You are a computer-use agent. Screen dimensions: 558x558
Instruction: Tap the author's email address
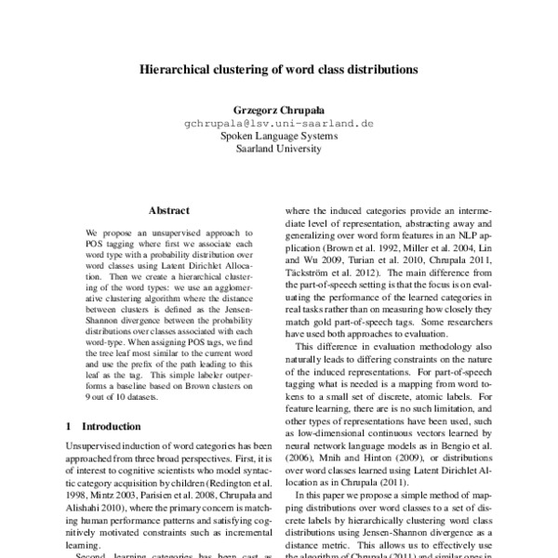pyautogui.click(x=278, y=122)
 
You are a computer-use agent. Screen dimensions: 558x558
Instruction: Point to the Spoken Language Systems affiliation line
pyautogui.click(x=278, y=135)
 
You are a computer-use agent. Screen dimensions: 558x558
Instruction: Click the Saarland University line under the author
pyautogui.click(x=278, y=148)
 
